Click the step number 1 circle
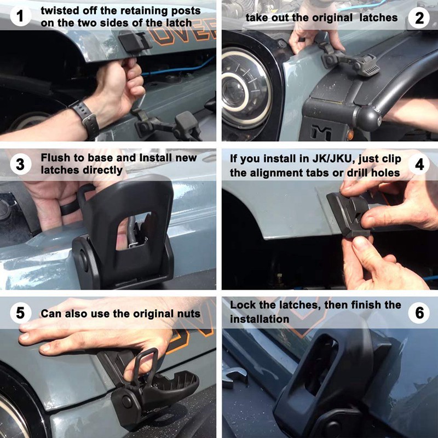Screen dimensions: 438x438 (x=20, y=16)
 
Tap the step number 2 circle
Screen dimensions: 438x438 (x=419, y=18)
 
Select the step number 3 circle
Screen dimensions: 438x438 (x=20, y=165)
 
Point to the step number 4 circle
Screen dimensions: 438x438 (x=419, y=165)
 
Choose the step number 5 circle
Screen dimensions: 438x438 (x=20, y=313)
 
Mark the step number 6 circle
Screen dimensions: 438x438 (x=419, y=313)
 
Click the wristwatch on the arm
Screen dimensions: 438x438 (x=85, y=119)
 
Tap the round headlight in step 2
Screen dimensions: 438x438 (x=246, y=88)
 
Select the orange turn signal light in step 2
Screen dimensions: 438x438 (x=350, y=135)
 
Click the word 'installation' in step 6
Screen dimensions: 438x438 (x=260, y=319)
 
